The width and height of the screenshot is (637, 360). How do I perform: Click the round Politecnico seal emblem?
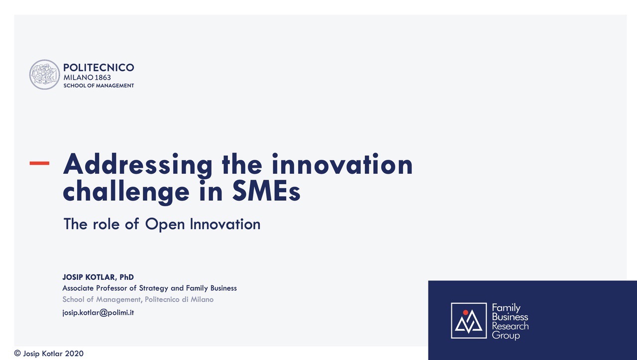[45, 75]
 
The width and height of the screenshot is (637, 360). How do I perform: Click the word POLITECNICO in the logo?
[99, 67]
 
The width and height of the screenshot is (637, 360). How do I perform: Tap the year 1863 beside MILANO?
[103, 77]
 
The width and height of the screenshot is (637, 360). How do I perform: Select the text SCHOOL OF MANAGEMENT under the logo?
[99, 86]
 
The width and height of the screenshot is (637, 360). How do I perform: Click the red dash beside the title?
[39, 163]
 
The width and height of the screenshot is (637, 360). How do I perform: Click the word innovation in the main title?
[342, 164]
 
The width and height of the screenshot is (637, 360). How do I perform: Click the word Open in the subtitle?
[165, 224]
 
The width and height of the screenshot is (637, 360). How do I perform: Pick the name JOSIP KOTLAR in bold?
[89, 277]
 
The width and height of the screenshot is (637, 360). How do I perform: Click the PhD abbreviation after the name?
[126, 277]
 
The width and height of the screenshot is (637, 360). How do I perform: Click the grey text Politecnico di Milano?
[179, 299]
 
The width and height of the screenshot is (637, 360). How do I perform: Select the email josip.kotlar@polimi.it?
[98, 313]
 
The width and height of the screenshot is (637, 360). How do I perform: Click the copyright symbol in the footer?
[17, 354]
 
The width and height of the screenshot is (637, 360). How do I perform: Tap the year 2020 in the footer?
[74, 354]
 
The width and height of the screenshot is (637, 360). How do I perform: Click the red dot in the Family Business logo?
[465, 312]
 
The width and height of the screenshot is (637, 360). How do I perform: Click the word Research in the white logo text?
[510, 326]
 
